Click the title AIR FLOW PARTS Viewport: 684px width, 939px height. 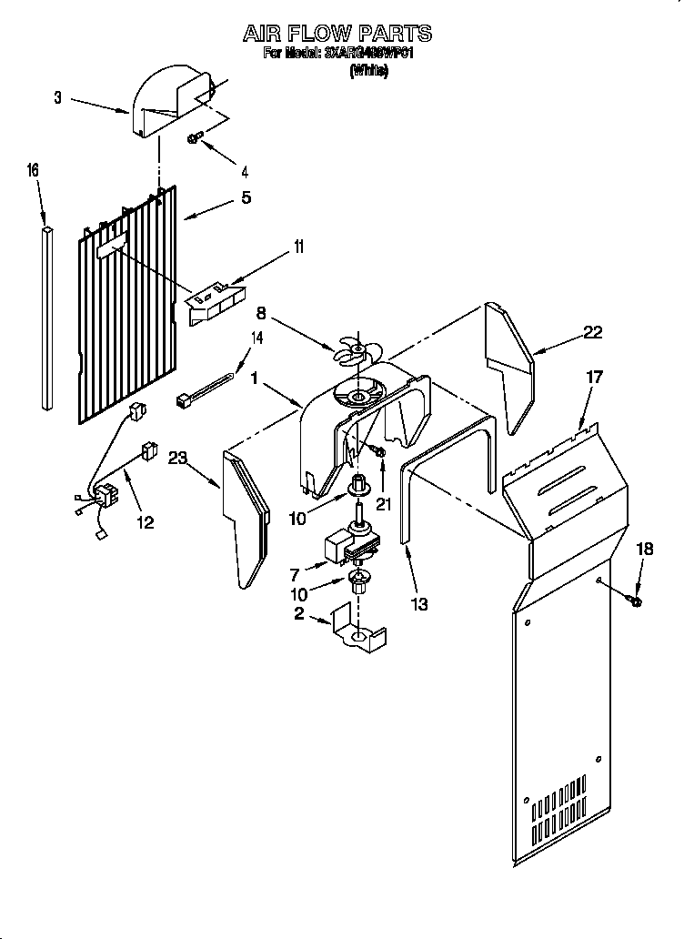click(337, 35)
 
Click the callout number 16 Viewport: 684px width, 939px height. click(34, 170)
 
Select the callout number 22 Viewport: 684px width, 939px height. click(593, 332)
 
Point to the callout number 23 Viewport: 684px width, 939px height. click(176, 459)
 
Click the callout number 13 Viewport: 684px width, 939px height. click(420, 603)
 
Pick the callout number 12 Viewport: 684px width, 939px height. click(145, 522)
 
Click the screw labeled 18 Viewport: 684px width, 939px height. click(635, 601)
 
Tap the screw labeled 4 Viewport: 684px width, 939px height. click(195, 137)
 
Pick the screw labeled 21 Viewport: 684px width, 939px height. click(379, 451)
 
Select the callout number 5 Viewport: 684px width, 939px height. click(246, 197)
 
